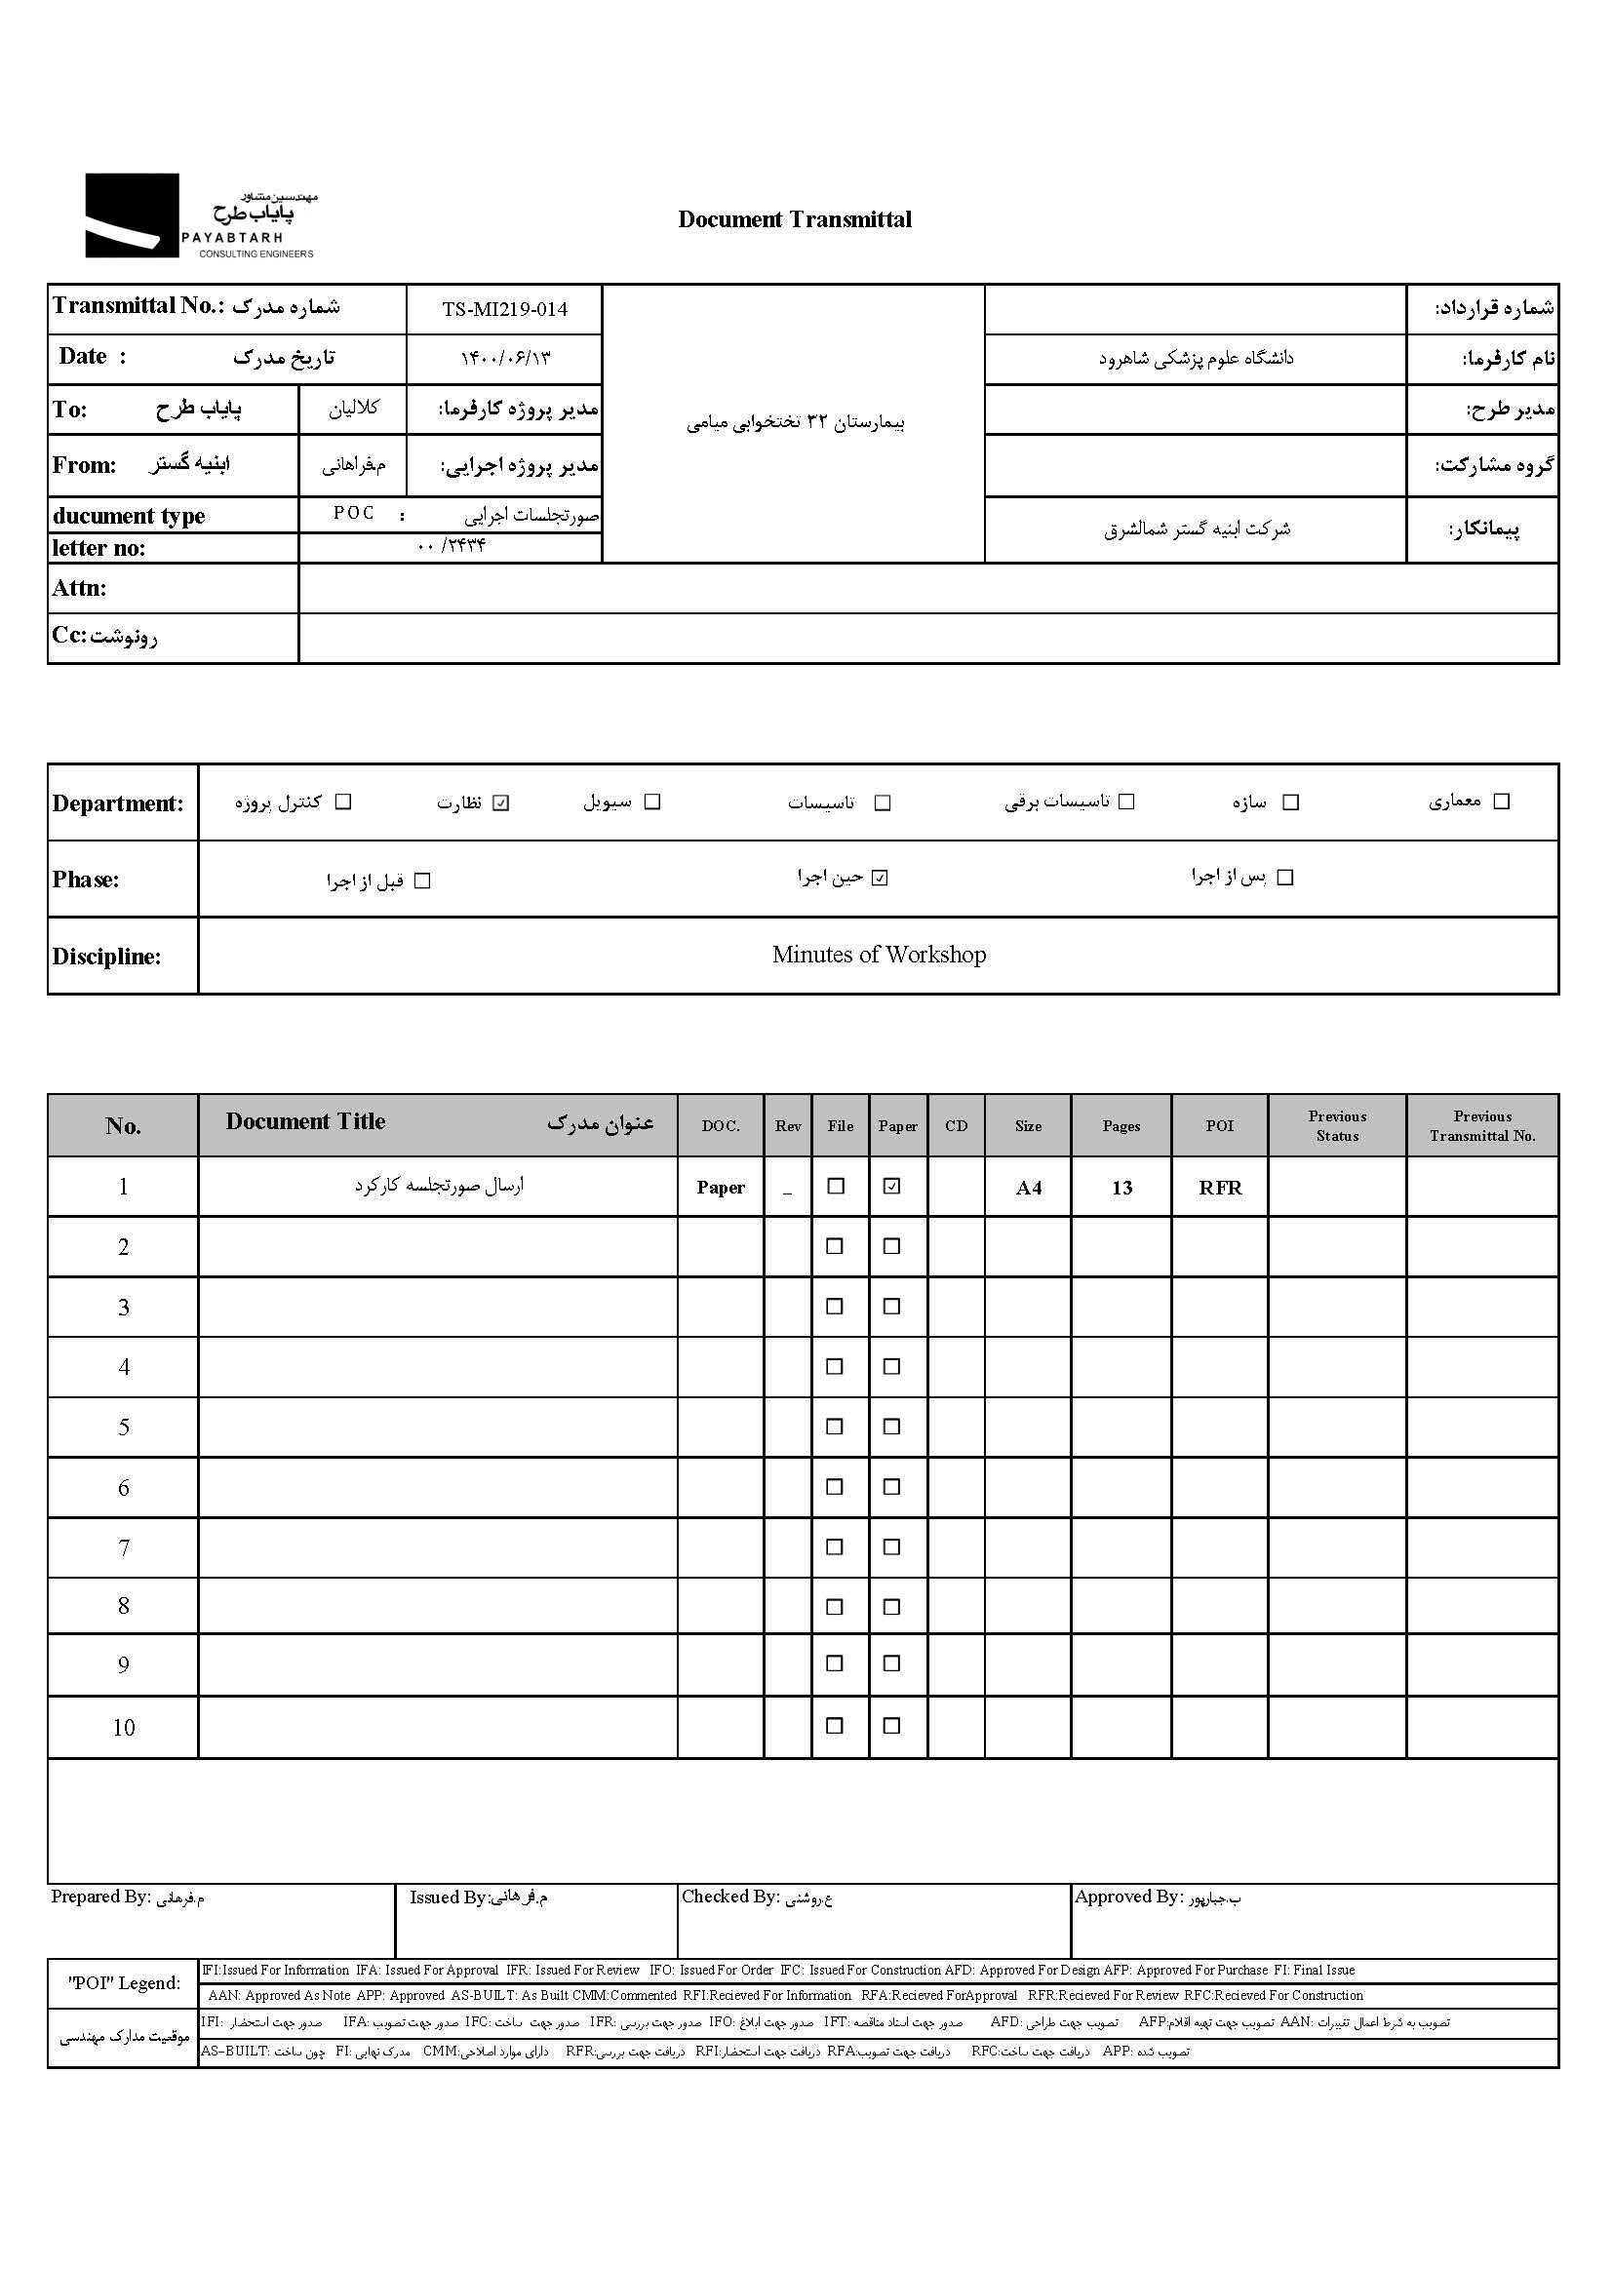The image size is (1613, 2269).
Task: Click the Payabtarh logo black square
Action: (x=131, y=215)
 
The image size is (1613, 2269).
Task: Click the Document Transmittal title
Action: (x=795, y=219)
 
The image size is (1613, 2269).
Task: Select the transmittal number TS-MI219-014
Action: (x=504, y=309)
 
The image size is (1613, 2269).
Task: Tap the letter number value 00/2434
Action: (x=452, y=546)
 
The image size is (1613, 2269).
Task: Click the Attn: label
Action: (x=79, y=588)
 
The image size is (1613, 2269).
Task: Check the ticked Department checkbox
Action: (x=501, y=802)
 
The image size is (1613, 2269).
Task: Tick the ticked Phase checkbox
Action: (x=880, y=878)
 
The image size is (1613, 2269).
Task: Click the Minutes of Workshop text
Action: (x=879, y=955)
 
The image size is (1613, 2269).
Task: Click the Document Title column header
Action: (x=306, y=1122)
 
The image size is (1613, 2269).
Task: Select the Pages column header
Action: (x=1121, y=1126)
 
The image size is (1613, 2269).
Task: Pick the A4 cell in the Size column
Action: (x=1028, y=1188)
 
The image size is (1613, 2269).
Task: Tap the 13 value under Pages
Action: (x=1121, y=1188)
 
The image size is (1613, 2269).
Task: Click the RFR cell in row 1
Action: (x=1220, y=1188)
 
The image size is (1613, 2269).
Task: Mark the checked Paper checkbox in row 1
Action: (x=892, y=1187)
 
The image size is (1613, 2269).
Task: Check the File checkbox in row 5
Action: (x=836, y=1427)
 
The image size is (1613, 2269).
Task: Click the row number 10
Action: (x=123, y=1727)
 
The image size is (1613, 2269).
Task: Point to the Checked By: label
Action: (x=730, y=1897)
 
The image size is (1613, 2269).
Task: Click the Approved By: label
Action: (x=1128, y=1897)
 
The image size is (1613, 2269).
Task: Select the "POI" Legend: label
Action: (x=124, y=1983)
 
